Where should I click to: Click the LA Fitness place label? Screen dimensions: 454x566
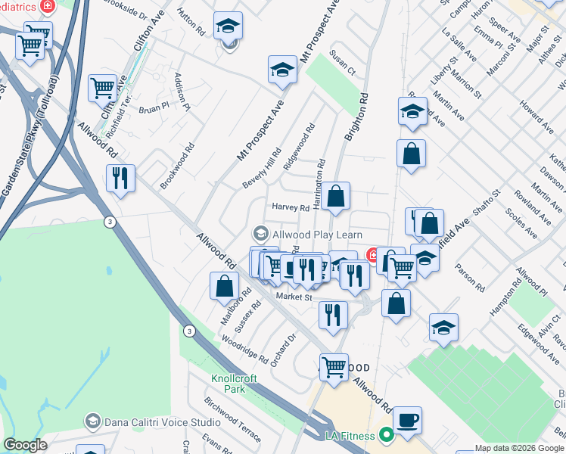(x=350, y=436)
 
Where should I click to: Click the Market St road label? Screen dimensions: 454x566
(x=294, y=297)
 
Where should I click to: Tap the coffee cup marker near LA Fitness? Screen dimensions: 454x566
(x=408, y=421)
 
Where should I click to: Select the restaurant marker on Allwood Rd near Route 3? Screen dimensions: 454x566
(x=120, y=179)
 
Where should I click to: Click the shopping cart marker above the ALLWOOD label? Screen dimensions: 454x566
(x=334, y=367)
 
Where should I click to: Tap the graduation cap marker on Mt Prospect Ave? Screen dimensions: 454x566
(x=282, y=70)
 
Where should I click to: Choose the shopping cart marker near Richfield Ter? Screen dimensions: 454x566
(x=102, y=87)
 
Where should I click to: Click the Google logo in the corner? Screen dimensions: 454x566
(x=25, y=445)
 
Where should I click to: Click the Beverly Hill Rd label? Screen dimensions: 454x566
(x=262, y=169)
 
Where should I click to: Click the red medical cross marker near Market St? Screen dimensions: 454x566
(x=372, y=255)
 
